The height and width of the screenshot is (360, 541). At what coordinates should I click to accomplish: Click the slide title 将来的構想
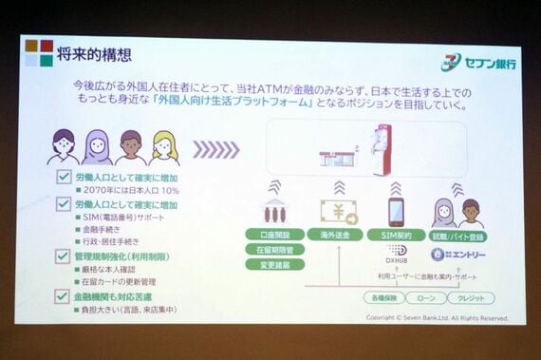[94, 54]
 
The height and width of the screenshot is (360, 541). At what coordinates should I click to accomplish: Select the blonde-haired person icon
[163, 147]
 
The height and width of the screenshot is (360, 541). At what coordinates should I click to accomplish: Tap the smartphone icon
[397, 212]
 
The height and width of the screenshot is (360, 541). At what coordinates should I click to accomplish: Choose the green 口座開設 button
[275, 234]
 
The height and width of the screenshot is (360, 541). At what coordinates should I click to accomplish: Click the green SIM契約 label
[397, 234]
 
